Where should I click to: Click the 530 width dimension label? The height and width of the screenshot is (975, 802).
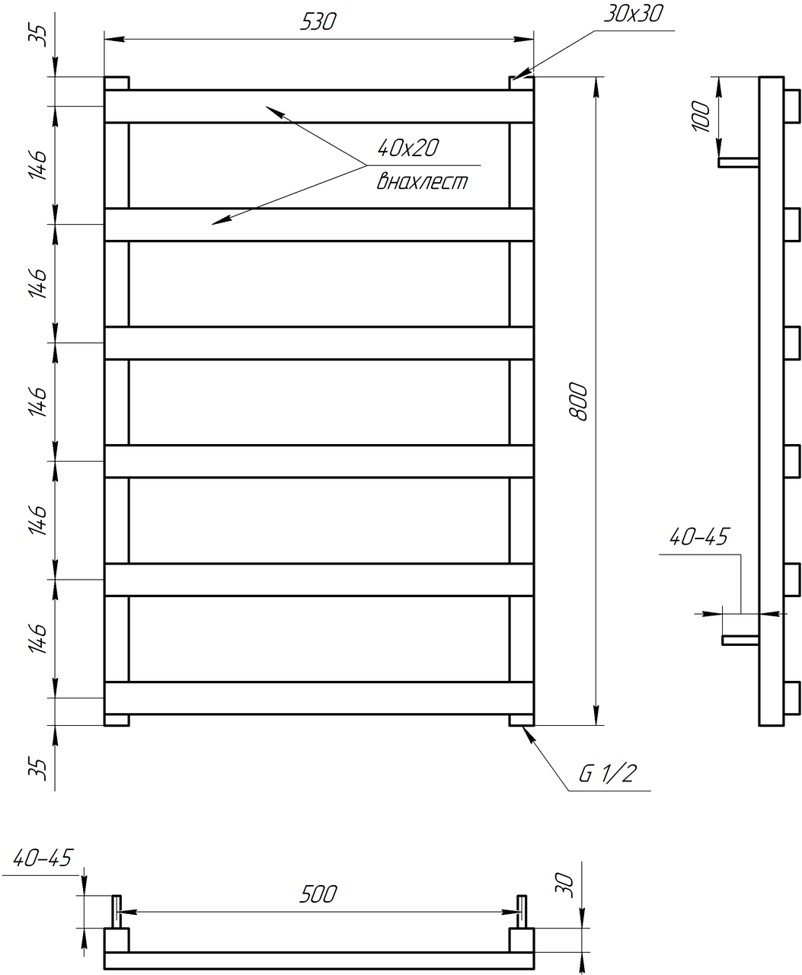coord(318,22)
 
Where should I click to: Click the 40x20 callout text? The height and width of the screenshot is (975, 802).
coord(407,148)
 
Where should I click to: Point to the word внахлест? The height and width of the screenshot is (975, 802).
coord(422,182)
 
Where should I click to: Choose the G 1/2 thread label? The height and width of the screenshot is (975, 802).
coord(607,775)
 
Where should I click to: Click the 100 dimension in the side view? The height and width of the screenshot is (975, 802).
coord(702,115)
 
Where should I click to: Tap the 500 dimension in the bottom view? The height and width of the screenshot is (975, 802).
coord(318,893)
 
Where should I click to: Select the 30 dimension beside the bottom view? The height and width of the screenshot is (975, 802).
coord(564,885)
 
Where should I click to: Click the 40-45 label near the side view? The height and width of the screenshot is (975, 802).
coord(698,538)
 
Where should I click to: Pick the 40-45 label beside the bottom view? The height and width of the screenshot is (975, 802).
coord(43,858)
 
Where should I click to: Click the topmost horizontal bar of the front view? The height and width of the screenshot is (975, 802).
coord(318,107)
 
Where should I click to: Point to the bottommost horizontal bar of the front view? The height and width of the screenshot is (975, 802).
coord(318,698)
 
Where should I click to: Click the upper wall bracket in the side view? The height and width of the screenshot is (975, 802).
coord(738,162)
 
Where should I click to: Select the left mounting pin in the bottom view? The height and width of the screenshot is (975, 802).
coord(117,912)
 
